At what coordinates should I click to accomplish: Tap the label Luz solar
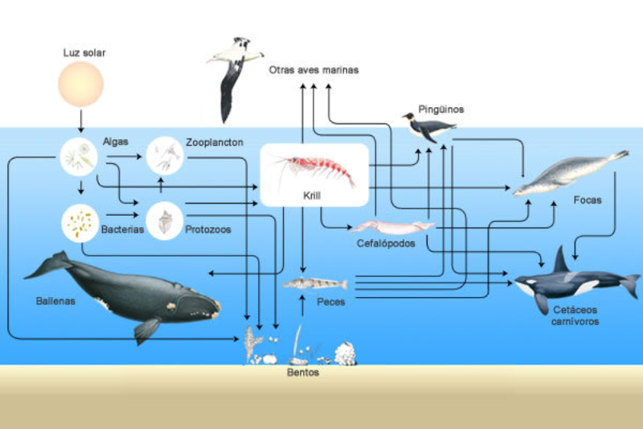click(x=84, y=53)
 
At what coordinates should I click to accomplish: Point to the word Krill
click(x=313, y=197)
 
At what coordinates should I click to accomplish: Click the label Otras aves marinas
click(x=313, y=70)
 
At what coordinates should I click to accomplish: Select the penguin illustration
click(x=428, y=129)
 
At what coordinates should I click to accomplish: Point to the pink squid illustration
click(x=391, y=226)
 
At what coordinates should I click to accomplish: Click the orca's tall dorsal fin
click(x=559, y=260)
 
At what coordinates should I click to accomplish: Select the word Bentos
click(x=303, y=373)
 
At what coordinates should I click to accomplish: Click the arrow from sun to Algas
click(x=80, y=122)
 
